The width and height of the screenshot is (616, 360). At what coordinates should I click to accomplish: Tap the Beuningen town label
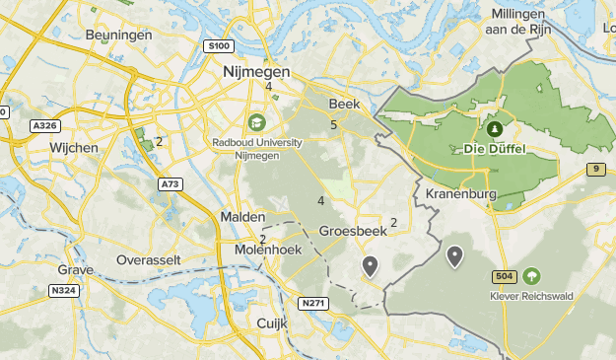118,35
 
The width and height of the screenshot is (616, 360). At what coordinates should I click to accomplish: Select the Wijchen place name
74,148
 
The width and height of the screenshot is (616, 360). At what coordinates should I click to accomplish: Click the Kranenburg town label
459,193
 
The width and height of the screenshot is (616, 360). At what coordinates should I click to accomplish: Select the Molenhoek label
266,251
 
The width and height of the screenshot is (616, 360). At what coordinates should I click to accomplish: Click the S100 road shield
219,46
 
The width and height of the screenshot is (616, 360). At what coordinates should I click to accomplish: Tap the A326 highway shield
44,125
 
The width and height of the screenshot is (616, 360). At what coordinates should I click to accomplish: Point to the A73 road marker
171,183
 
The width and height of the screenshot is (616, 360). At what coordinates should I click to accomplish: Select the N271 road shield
313,303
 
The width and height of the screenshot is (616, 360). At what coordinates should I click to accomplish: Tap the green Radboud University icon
257,122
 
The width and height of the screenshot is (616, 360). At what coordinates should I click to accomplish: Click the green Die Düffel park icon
494,129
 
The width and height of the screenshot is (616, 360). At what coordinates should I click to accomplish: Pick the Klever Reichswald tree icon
532,277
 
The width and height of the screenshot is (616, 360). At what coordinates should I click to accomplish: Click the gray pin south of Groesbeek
370,265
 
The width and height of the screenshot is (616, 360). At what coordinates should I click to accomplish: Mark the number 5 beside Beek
334,124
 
